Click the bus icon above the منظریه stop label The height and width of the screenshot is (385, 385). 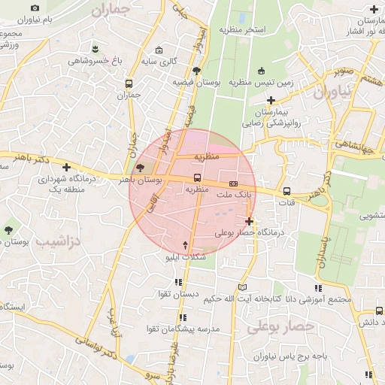(x=197, y=178)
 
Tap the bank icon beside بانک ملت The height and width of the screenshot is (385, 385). (x=233, y=183)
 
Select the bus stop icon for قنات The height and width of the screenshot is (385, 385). (x=286, y=191)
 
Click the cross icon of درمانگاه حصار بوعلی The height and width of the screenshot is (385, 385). (x=249, y=221)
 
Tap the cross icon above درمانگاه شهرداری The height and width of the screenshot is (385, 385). (x=67, y=167)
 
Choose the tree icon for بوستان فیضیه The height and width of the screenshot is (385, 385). (x=196, y=71)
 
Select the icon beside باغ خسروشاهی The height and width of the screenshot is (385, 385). (x=94, y=49)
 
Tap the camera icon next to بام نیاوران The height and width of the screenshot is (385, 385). (x=35, y=8)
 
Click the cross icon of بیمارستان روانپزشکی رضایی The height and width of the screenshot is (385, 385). (x=271, y=100)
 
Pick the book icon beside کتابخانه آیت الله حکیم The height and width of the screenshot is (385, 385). (x=242, y=287)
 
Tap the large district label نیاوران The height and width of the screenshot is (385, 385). (x=332, y=93)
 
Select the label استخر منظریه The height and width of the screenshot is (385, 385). (x=243, y=29)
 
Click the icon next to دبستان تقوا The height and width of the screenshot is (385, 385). (x=177, y=283)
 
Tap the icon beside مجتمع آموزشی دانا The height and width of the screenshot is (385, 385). (x=318, y=288)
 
